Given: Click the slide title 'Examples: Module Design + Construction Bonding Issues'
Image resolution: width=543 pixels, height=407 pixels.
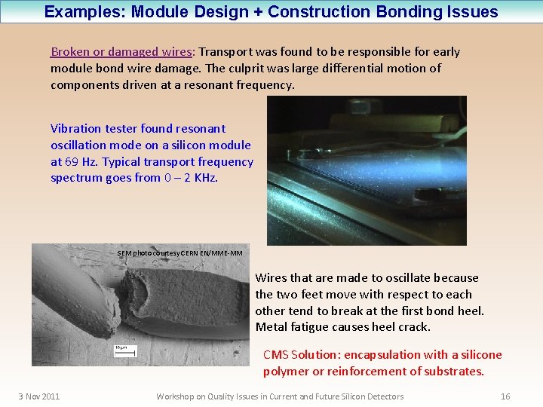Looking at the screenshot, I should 271,12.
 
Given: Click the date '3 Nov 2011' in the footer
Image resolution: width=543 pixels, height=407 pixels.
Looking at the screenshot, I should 39,396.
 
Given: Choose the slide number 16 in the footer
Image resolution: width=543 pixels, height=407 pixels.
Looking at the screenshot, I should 505,396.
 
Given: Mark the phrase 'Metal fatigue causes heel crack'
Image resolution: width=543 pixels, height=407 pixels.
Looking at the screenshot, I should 343,327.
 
